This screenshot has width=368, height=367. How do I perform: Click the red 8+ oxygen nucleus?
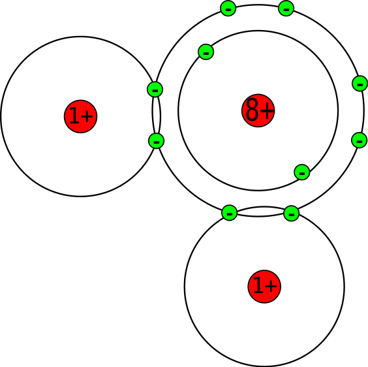pyautogui.click(x=258, y=110)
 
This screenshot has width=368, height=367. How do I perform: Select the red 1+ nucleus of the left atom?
pyautogui.click(x=80, y=116)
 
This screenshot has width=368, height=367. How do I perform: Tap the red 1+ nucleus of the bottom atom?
pyautogui.click(x=264, y=287)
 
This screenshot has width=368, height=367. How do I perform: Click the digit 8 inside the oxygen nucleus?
pyautogui.click(x=252, y=110)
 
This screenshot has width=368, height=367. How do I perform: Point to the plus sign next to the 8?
pyautogui.click(x=266, y=110)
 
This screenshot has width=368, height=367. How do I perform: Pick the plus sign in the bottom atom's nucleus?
pyautogui.click(x=271, y=286)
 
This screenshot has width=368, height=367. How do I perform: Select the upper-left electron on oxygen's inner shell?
pyautogui.click(x=206, y=52)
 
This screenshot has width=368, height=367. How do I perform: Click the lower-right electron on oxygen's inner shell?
pyautogui.click(x=302, y=172)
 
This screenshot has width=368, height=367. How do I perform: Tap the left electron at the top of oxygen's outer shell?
pyautogui.click(x=228, y=8)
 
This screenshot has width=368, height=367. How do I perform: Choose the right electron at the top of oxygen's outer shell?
pyautogui.click(x=286, y=8)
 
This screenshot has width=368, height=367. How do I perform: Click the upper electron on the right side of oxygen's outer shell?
pyautogui.click(x=360, y=84)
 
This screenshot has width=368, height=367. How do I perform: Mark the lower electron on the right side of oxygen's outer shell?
pyautogui.click(x=359, y=140)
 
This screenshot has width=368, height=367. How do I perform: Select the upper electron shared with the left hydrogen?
pyautogui.click(x=155, y=89)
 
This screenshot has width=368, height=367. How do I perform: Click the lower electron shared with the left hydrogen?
pyautogui.click(x=156, y=141)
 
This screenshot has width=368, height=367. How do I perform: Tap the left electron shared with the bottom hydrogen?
pyautogui.click(x=229, y=213)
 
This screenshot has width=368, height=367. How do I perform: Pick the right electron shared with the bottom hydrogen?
pyautogui.click(x=291, y=214)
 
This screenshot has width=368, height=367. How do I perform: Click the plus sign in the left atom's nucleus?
pyautogui.click(x=87, y=116)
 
